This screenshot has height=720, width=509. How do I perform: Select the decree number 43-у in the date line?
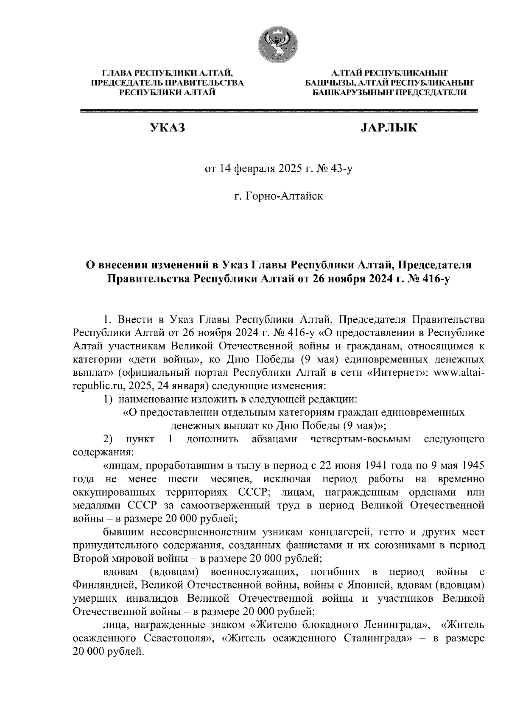coord(340,170)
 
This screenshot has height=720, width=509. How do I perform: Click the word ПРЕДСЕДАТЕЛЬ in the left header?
coord(125,83)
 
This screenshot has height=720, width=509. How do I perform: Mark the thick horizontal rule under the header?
coord(279,111)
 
